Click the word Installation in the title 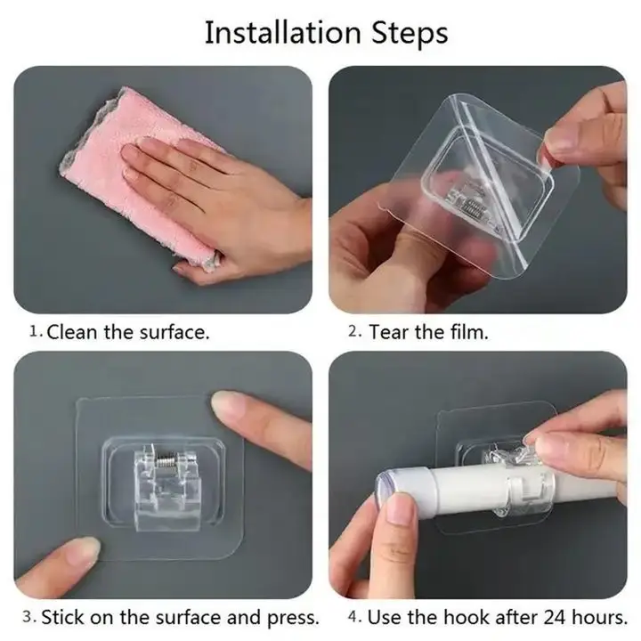point(282,33)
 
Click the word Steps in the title point(410,34)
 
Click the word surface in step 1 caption point(174,332)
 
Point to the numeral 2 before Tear point(353,330)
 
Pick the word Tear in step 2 point(389,332)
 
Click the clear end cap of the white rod point(382,491)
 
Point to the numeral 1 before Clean point(35,331)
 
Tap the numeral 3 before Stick point(28,616)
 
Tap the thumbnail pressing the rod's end point(400,508)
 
